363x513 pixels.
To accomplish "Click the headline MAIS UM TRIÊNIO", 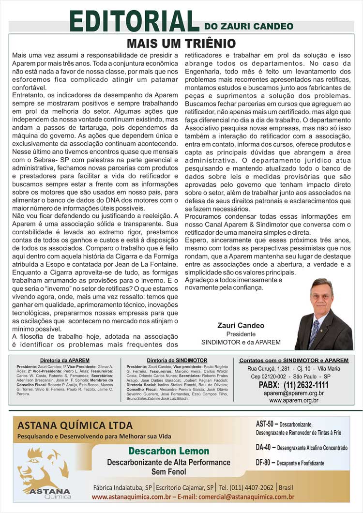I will pyautogui.click(x=181, y=44).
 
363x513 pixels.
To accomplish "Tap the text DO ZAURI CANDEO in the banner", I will pyautogui.click(x=248, y=26).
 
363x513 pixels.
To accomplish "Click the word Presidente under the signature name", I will pyautogui.click(x=241, y=334).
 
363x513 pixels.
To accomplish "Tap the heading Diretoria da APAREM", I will pyautogui.click(x=64, y=361).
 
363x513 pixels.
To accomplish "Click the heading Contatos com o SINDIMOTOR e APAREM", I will pyautogui.click(x=294, y=361).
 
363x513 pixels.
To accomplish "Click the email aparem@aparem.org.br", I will pyautogui.click(x=294, y=393).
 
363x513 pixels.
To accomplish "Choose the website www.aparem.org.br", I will pyautogui.click(x=294, y=400).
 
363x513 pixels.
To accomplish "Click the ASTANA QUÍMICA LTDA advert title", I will pyautogui.click(x=75, y=426).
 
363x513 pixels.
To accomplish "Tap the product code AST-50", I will pyautogui.click(x=266, y=424).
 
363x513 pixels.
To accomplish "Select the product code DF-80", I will pyautogui.click(x=266, y=463).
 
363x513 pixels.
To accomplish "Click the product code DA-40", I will pyautogui.click(x=266, y=448).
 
